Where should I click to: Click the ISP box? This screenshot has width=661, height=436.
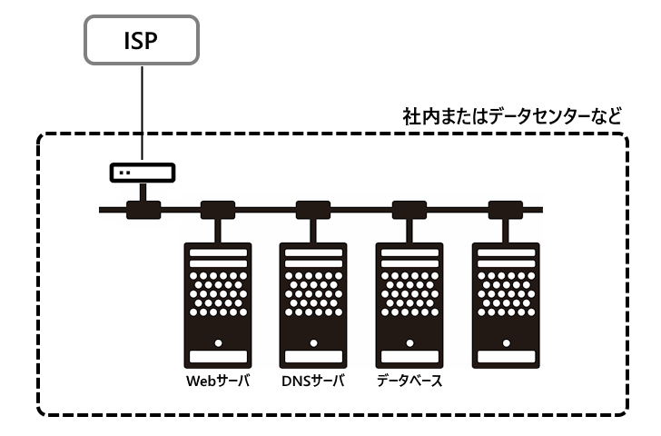[142, 41]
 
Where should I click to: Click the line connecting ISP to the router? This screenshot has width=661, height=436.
[142, 114]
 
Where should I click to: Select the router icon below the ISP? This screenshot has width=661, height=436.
[143, 172]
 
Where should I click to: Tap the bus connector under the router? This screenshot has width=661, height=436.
[143, 211]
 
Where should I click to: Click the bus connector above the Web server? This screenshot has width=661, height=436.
[218, 211]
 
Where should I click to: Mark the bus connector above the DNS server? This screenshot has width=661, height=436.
[313, 211]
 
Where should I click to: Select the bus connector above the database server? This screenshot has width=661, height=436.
[409, 211]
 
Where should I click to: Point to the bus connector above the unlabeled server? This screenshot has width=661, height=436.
[506, 211]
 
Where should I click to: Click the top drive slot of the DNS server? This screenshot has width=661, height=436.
[313, 251]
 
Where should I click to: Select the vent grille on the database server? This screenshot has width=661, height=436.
[409, 293]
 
